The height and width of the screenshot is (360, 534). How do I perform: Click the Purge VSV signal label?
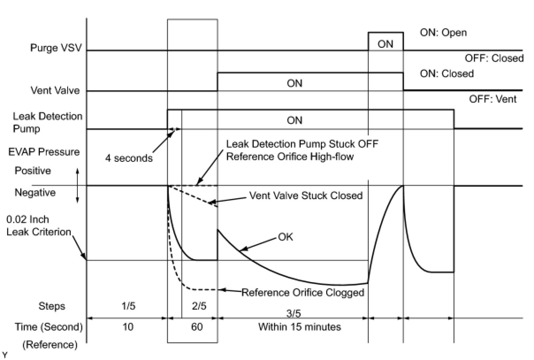pyautogui.click(x=56, y=48)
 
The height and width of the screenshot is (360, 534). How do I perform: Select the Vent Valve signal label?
pyautogui.click(x=55, y=90)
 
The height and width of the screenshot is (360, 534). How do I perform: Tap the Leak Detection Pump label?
pyautogui.click(x=47, y=122)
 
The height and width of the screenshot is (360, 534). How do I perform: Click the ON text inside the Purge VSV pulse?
pyautogui.click(x=385, y=44)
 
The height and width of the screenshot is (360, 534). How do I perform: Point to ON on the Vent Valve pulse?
pyautogui.click(x=294, y=83)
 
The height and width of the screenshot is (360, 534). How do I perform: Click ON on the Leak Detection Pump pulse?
pyautogui.click(x=294, y=120)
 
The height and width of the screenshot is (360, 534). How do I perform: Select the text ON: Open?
pyautogui.click(x=443, y=33)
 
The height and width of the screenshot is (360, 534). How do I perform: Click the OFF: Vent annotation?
pyautogui.click(x=493, y=99)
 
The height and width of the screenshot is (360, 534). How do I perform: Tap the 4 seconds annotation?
pyautogui.click(x=129, y=158)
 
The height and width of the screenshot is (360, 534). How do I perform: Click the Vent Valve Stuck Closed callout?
pyautogui.click(x=306, y=195)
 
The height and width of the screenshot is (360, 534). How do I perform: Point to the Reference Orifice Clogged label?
pyautogui.click(x=302, y=292)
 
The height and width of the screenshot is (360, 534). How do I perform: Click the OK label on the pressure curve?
pyautogui.click(x=285, y=237)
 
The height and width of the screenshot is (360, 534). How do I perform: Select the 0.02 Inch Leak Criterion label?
pyautogui.click(x=39, y=226)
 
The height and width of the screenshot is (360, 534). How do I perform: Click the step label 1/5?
pyautogui.click(x=128, y=306)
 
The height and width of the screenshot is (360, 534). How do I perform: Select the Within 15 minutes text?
pyautogui.click(x=299, y=327)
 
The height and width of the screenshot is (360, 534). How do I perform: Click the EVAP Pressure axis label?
pyautogui.click(x=44, y=152)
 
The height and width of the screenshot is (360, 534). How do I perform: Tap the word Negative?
pyautogui.click(x=35, y=192)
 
